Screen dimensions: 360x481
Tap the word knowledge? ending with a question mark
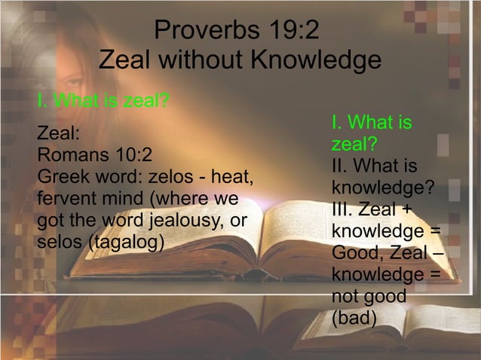pyautogui.click(x=383, y=186)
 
